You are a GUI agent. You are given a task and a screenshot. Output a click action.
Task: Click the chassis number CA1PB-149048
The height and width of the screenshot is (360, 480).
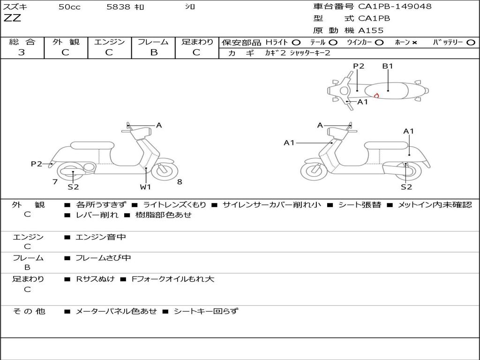click(395, 7)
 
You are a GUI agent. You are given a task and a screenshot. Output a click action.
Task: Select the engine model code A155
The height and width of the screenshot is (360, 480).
click(371, 30)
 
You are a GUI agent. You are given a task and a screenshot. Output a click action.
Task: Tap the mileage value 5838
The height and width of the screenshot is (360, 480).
click(118, 7)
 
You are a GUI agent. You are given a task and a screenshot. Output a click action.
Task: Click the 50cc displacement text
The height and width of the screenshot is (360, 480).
click(69, 7)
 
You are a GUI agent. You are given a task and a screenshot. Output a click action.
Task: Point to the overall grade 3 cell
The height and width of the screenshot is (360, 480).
click(22, 52)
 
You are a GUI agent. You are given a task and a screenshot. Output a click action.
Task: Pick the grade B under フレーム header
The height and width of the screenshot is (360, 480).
click(154, 52)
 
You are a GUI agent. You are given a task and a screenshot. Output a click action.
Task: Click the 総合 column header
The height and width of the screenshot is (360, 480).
click(22, 42)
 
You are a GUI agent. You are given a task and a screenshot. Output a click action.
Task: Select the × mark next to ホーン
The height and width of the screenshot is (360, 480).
click(414, 42)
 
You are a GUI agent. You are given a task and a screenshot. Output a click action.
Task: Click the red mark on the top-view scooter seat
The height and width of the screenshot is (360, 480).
click(376, 96)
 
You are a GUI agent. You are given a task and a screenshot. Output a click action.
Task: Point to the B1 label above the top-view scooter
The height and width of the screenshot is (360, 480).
click(387, 66)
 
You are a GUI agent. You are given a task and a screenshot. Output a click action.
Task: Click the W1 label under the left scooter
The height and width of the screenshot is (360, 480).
click(145, 187)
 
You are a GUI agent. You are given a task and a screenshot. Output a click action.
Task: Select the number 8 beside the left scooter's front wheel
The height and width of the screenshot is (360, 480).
click(180, 182)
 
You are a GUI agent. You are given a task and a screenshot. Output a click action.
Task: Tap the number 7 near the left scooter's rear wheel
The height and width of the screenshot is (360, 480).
click(55, 182)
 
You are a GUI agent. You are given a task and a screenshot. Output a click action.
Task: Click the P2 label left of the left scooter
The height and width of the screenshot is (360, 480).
click(36, 164)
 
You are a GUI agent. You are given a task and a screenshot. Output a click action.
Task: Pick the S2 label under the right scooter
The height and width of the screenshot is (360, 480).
click(406, 187)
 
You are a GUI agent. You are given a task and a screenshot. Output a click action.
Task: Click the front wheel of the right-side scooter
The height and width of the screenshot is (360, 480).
click(314, 171)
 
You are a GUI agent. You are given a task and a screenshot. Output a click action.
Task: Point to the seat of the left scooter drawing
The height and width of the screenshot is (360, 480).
click(92, 145)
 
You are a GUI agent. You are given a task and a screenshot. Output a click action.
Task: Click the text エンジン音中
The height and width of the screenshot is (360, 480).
click(101, 237)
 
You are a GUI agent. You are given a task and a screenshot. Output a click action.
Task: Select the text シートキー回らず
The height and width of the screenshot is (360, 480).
click(206, 311)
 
